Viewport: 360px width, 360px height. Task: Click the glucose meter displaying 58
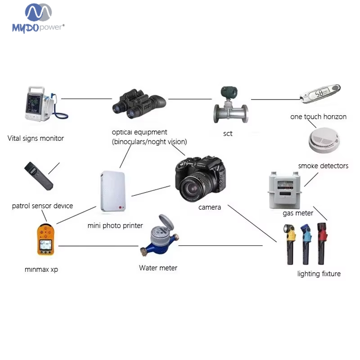320,94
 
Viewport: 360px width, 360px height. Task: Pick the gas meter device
284,191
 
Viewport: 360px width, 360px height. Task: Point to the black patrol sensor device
39,176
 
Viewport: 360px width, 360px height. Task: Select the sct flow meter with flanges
230,109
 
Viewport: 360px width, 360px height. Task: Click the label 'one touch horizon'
318,117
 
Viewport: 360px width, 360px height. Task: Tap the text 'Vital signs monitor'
36,138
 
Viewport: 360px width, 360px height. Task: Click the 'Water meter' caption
158,268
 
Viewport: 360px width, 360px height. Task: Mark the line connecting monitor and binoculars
86,99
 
